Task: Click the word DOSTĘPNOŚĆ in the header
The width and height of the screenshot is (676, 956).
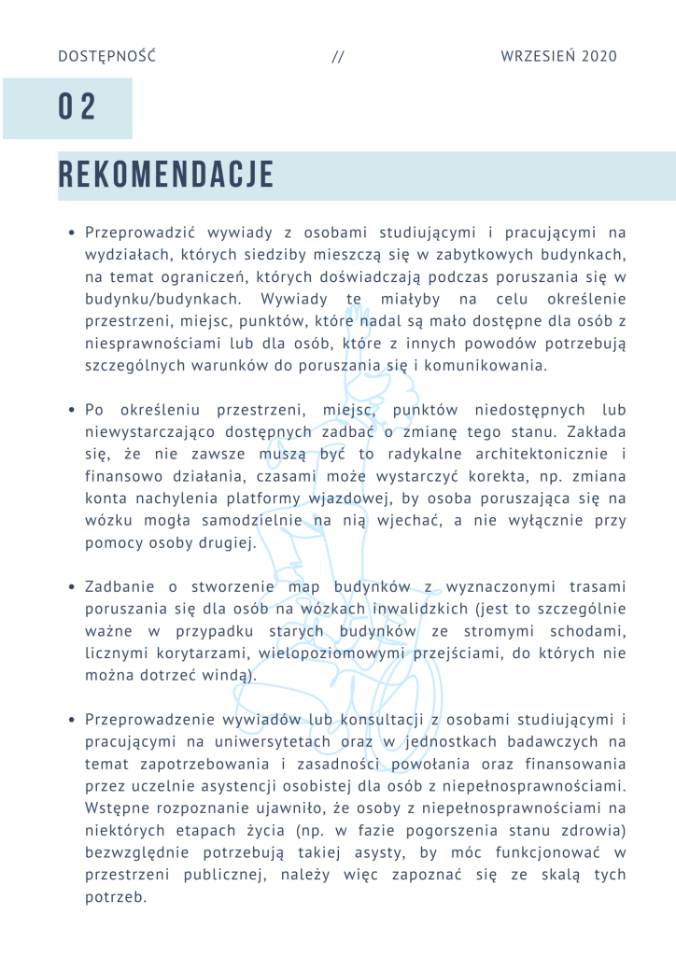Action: (106, 57)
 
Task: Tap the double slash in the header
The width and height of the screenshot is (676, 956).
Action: (338, 57)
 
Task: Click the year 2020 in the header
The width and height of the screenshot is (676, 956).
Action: (599, 57)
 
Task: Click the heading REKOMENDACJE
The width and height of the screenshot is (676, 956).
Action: (166, 176)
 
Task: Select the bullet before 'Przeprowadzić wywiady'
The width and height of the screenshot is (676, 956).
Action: (72, 232)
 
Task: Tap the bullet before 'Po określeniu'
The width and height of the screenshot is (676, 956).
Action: (72, 411)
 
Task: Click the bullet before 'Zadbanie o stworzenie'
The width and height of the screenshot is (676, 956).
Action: (72, 587)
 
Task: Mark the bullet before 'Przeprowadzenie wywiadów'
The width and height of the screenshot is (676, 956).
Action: (72, 721)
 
